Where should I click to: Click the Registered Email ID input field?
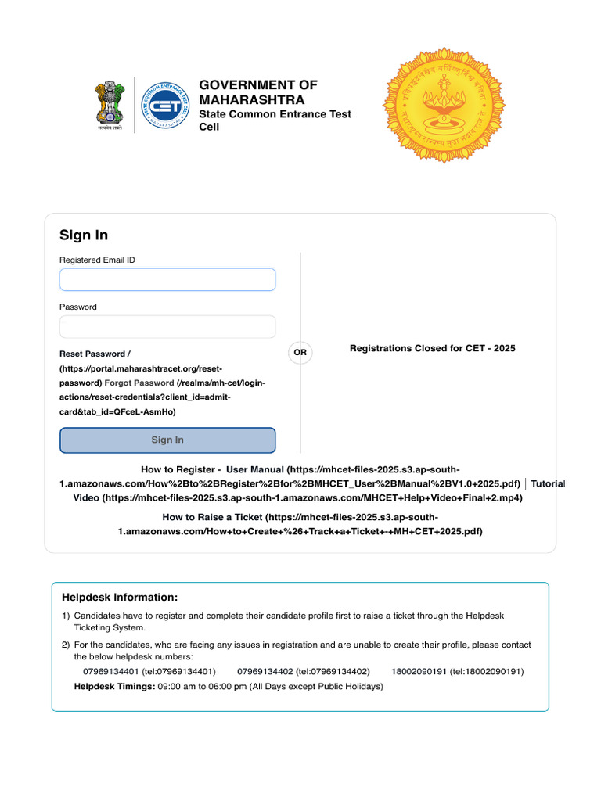167,279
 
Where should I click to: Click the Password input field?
167,327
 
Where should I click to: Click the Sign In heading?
84,235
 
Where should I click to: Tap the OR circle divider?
300,353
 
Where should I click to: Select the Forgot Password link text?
139,383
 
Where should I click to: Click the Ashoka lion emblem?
110,105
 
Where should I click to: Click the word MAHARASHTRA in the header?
252,101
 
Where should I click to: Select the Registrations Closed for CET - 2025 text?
432,348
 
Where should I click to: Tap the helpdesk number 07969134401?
110,672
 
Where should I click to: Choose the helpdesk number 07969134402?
265,672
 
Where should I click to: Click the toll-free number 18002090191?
419,672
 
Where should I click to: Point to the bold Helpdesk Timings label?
114,687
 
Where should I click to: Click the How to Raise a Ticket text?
213,518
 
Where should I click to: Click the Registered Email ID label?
97,260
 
